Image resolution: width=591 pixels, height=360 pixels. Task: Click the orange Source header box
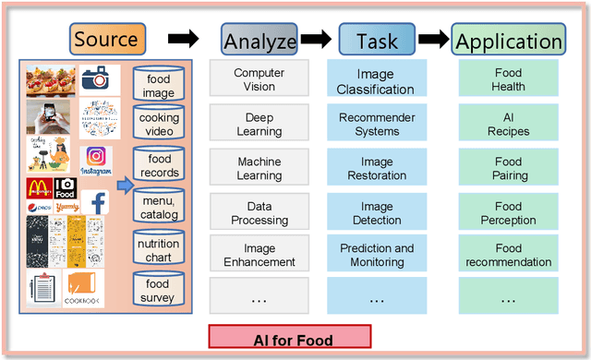coord(106,39)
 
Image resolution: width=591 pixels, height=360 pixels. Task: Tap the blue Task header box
coord(376,40)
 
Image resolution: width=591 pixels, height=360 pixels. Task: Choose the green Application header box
coord(508,41)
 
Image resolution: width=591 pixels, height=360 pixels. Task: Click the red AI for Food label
coord(290,338)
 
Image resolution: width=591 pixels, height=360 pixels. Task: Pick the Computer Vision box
coord(259,80)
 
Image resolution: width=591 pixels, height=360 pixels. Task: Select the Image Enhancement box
coord(259,255)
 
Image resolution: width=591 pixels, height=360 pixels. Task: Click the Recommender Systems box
coord(377,125)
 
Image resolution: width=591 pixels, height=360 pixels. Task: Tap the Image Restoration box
coord(377,168)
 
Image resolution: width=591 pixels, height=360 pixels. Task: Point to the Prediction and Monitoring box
coord(377,255)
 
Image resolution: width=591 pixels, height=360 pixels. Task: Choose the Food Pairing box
coord(508,168)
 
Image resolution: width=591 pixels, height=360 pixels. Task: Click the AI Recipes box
coord(508,125)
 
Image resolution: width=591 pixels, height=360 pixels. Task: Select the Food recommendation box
coord(508,255)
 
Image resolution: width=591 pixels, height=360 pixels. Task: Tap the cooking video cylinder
coord(159,125)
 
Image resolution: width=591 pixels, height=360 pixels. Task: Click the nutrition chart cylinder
coord(159,250)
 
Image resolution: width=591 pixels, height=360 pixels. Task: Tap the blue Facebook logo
coord(94,202)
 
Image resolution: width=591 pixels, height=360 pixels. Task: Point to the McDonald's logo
coord(38,188)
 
